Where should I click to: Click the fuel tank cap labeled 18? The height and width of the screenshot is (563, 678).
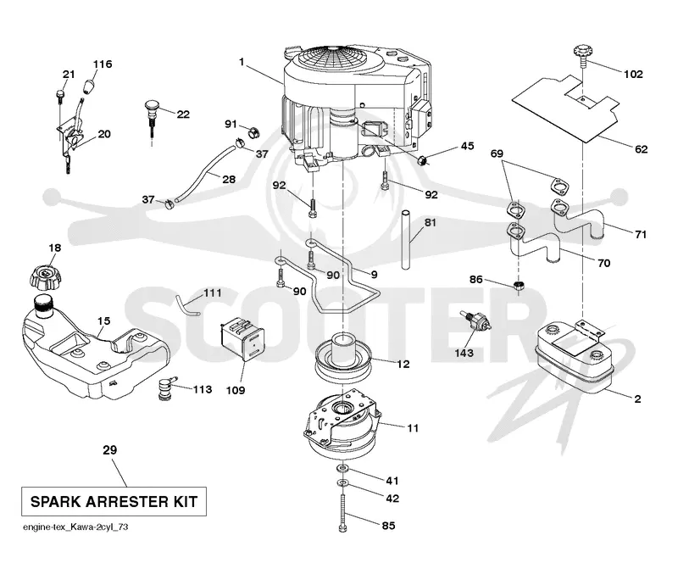pyautogui.click(x=46, y=277)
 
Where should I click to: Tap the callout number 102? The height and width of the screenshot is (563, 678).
pyautogui.click(x=633, y=74)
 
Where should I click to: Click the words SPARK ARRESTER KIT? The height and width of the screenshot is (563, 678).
pyautogui.click(x=114, y=502)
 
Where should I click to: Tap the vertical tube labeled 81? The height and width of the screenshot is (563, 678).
pyautogui.click(x=406, y=239)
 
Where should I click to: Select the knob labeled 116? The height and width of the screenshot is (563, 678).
pyautogui.click(x=90, y=86)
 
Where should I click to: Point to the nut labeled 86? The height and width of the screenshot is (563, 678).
pyautogui.click(x=520, y=285)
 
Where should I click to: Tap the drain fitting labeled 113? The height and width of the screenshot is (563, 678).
pyautogui.click(x=165, y=387)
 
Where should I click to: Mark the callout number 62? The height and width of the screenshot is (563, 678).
pyautogui.click(x=642, y=149)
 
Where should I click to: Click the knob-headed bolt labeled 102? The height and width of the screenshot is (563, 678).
pyautogui.click(x=581, y=55)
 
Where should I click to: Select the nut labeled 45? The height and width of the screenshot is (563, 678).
pyautogui.click(x=423, y=159)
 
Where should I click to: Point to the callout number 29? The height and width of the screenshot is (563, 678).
pyautogui.click(x=110, y=450)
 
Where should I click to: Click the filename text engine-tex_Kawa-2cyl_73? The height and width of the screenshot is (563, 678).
pyautogui.click(x=75, y=527)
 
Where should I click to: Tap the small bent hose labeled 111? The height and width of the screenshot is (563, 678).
pyautogui.click(x=186, y=304)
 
